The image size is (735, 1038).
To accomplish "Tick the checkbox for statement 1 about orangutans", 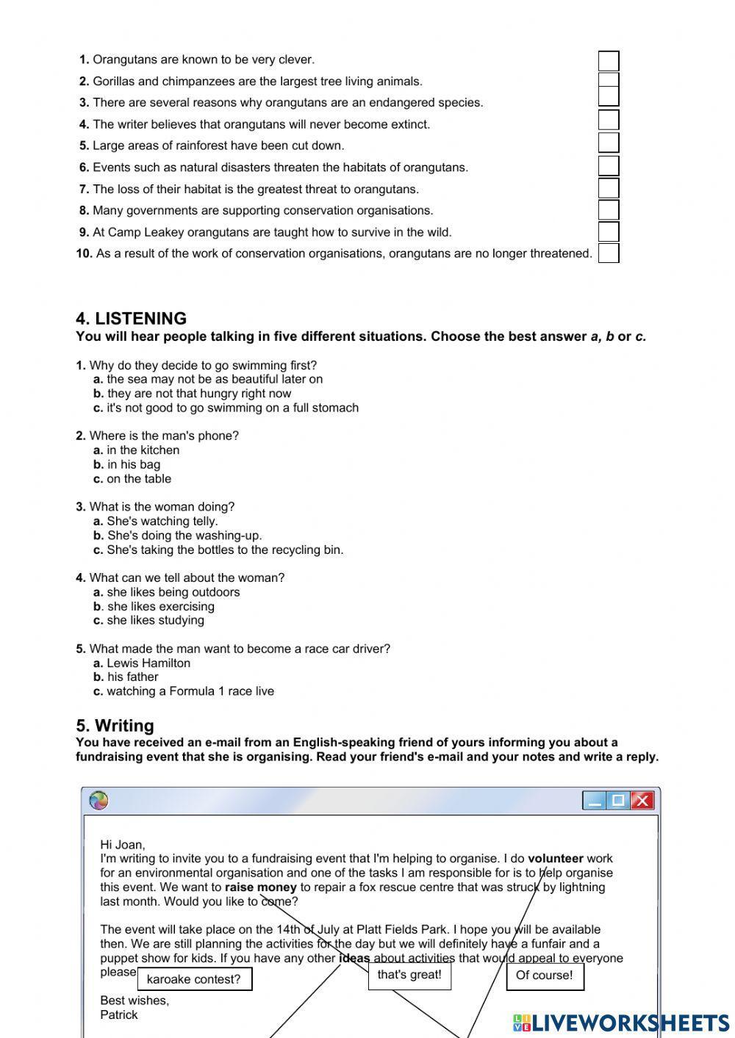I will pyautogui.click(x=608, y=60).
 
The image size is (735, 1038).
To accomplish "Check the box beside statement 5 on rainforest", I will pyautogui.click(x=608, y=143).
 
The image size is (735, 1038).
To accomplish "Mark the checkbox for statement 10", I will pyautogui.click(x=608, y=253).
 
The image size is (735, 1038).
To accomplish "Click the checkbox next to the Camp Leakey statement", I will pyautogui.click(x=608, y=231).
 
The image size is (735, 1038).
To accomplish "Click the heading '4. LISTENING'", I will pyautogui.click(x=131, y=319).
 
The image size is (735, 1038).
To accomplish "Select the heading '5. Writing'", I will pyautogui.click(x=115, y=726).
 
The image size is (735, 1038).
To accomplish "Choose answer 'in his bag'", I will pyautogui.click(x=133, y=464).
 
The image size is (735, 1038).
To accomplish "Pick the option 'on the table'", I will pyautogui.click(x=138, y=479).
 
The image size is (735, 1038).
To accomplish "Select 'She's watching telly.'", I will pyautogui.click(x=162, y=522).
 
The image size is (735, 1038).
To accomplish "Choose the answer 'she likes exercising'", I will pyautogui.click(x=160, y=607).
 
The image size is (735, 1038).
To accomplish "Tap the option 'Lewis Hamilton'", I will pyautogui.click(x=148, y=663).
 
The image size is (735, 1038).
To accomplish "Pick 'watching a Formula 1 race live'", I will pyautogui.click(x=190, y=691).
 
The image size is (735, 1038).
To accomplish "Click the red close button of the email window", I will pyautogui.click(x=642, y=800).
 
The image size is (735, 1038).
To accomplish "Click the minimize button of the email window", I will pyautogui.click(x=595, y=800).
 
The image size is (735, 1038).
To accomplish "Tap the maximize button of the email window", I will pyautogui.click(x=618, y=800).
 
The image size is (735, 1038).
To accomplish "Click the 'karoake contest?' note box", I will pyautogui.click(x=194, y=979).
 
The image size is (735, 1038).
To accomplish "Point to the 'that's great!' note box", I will pyautogui.click(x=409, y=975).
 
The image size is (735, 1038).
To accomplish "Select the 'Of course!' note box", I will pyautogui.click(x=544, y=976).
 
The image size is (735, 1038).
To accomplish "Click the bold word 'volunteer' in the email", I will pyautogui.click(x=555, y=858).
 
